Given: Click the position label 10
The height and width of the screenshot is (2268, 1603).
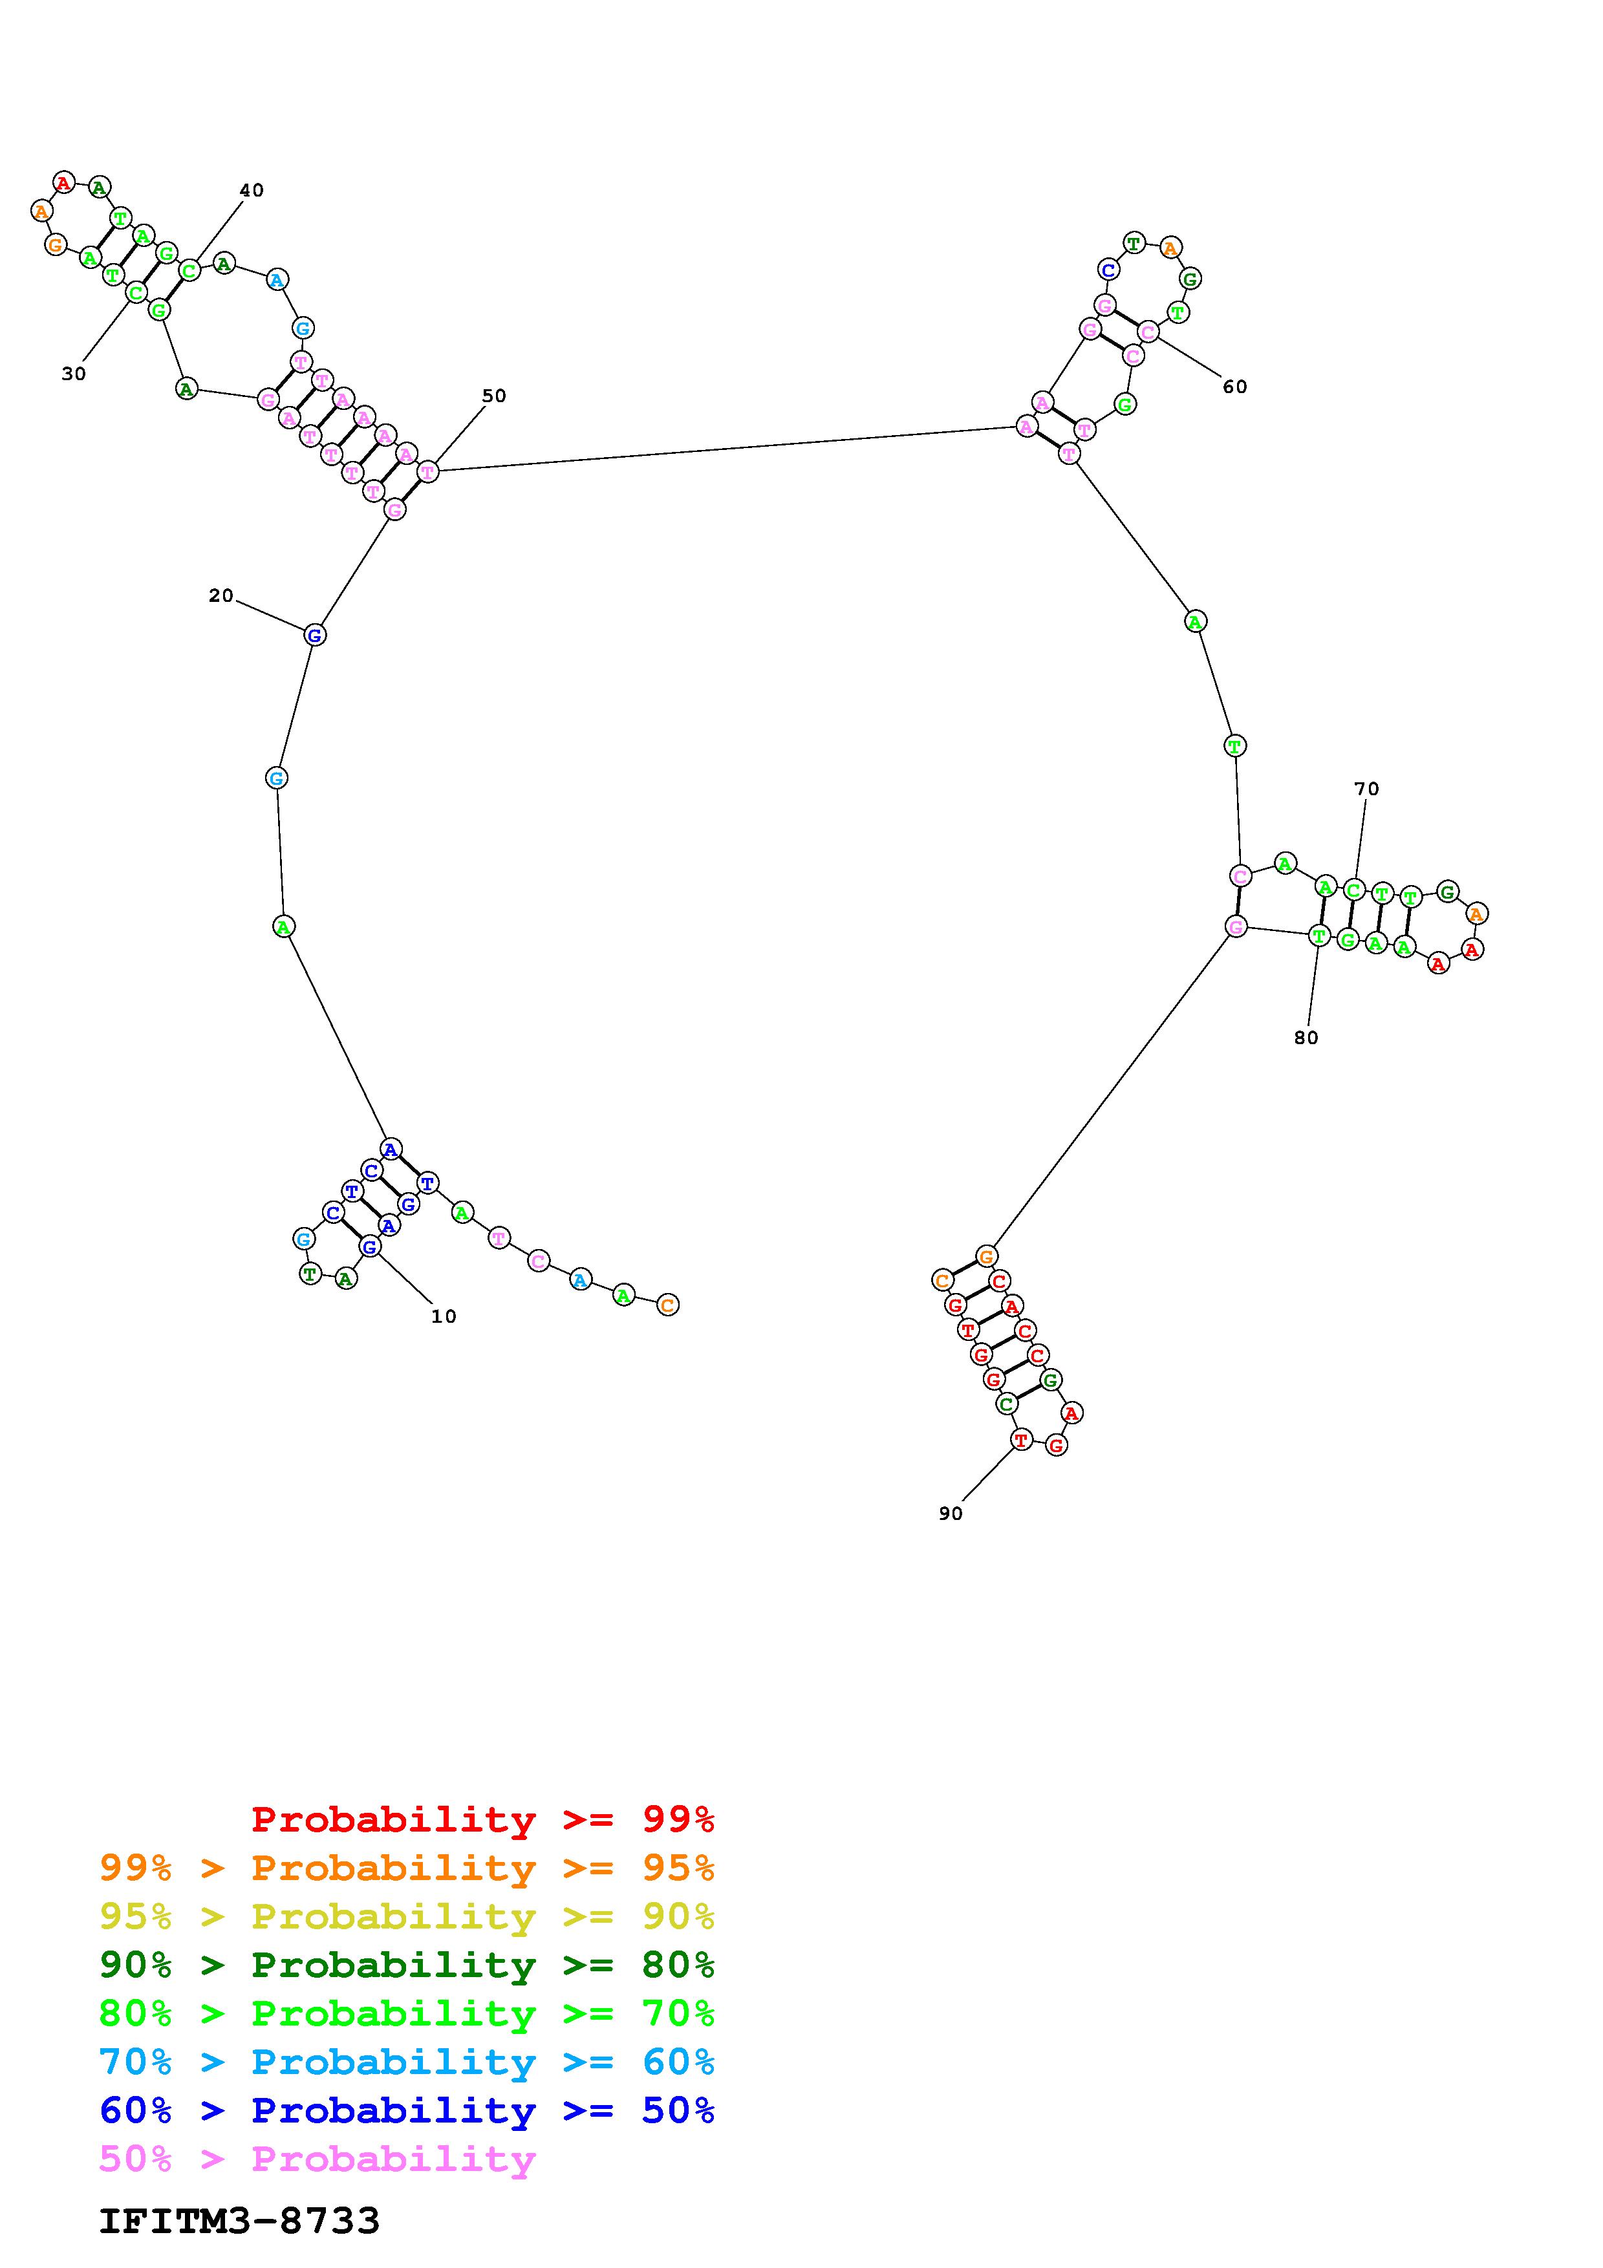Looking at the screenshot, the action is (444, 1317).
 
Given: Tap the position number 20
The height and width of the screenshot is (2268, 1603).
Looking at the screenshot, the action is (221, 595).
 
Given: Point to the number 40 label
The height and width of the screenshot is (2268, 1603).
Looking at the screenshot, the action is (252, 191).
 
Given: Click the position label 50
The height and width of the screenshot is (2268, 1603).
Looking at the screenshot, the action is (494, 396).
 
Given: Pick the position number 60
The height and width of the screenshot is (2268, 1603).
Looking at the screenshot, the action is (1234, 387).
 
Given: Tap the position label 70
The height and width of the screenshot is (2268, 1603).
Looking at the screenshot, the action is (1366, 789).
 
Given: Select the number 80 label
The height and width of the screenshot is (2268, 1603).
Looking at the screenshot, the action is (1306, 1038).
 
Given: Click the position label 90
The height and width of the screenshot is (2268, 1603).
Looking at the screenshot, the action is (950, 1514).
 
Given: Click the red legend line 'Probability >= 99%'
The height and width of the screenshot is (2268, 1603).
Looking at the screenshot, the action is (483, 1819).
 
